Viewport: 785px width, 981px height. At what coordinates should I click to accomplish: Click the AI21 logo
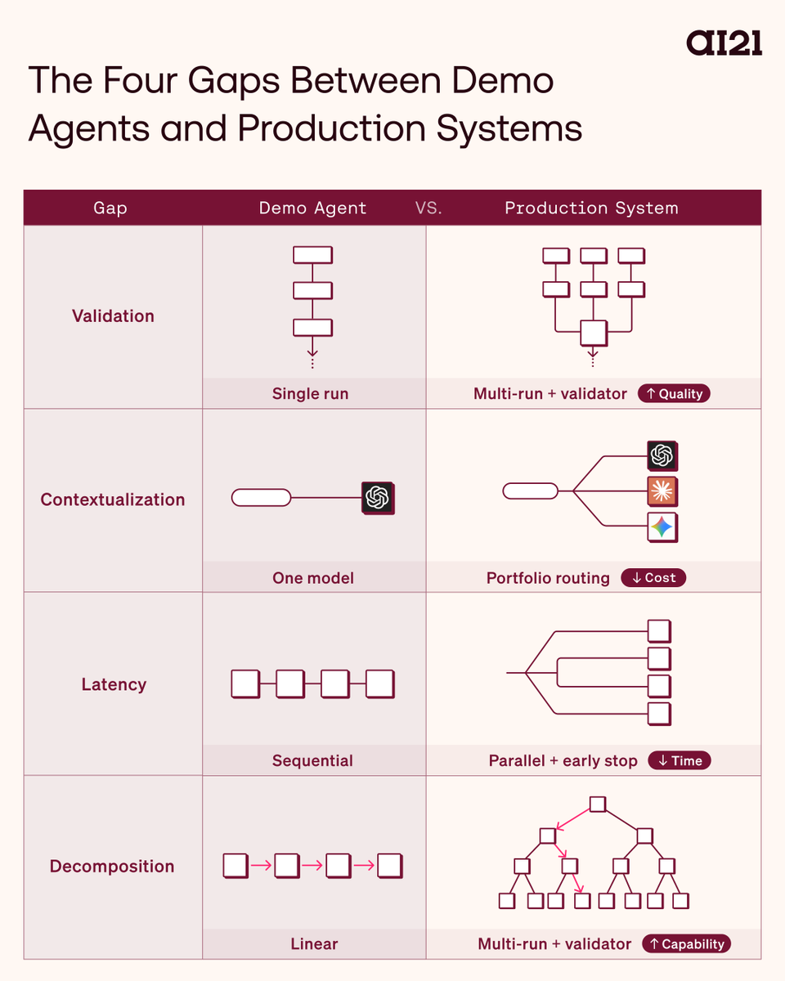724,43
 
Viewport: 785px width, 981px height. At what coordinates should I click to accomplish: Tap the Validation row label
113,316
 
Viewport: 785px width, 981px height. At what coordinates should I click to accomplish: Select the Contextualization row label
113,499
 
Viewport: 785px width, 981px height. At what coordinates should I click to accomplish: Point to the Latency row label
114,684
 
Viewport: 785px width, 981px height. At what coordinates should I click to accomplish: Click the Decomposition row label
112,867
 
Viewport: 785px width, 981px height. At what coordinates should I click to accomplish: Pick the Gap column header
110,208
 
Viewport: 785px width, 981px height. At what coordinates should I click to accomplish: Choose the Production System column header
591,208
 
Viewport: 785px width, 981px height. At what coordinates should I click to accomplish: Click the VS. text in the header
428,208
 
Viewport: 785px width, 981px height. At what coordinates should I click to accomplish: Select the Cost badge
653,578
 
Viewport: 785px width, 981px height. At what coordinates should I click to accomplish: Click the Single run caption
311,394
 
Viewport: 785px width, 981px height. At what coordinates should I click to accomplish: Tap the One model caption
313,578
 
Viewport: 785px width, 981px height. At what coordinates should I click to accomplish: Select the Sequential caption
312,760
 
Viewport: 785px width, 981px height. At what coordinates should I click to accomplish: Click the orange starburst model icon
662,492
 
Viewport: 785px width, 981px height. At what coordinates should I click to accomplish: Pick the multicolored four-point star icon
662,527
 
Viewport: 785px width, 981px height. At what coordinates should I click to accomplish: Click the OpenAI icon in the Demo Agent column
377,497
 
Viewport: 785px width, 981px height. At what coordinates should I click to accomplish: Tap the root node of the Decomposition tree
598,804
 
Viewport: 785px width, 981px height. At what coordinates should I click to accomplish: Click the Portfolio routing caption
548,578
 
